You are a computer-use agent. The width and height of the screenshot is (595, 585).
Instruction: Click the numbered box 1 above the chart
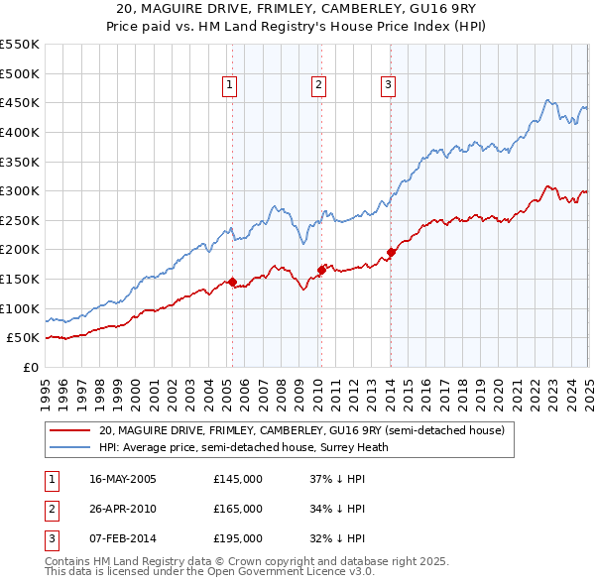pyautogui.click(x=229, y=85)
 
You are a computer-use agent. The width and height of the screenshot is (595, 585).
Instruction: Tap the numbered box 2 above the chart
pyautogui.click(x=318, y=85)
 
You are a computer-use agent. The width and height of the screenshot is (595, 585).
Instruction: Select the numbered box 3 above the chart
pyautogui.click(x=388, y=85)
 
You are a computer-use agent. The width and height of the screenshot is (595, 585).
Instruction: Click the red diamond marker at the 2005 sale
pyautogui.click(x=232, y=282)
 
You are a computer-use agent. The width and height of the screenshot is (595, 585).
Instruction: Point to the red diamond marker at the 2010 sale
pyautogui.click(x=321, y=270)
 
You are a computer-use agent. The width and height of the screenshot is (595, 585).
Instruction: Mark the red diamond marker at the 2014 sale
pyautogui.click(x=391, y=253)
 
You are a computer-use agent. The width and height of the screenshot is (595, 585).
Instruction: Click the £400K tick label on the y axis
pyautogui.click(x=20, y=132)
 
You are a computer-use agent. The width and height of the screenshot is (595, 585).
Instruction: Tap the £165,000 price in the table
pyautogui.click(x=238, y=509)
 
